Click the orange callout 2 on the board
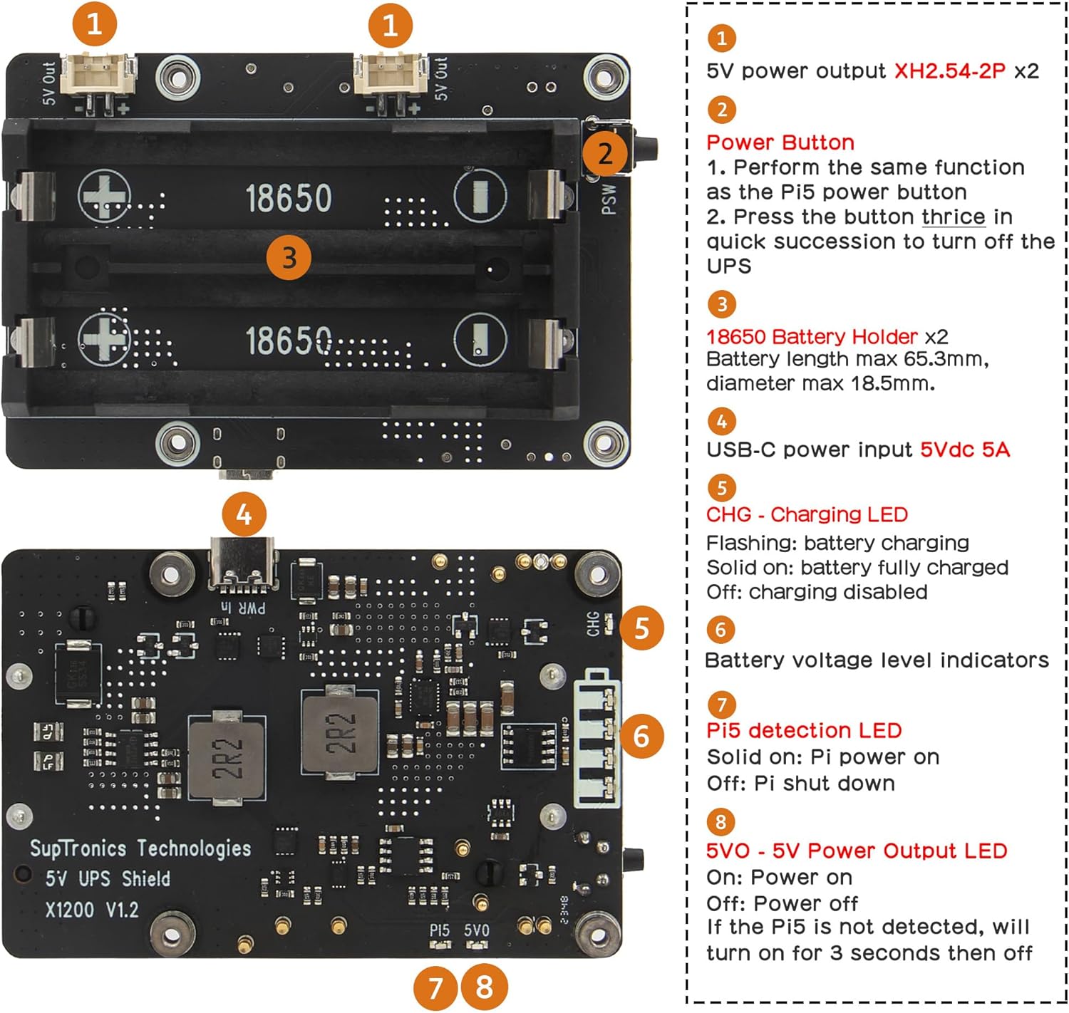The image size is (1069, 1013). [605, 152]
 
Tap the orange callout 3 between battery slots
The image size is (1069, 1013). [289, 257]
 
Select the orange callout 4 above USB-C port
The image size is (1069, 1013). [244, 514]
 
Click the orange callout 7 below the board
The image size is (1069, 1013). [435, 987]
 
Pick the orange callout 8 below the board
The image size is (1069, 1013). [485, 987]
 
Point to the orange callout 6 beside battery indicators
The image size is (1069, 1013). [641, 736]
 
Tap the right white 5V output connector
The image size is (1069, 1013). [390, 74]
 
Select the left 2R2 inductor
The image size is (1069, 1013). [227, 758]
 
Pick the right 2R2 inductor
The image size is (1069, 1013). [339, 734]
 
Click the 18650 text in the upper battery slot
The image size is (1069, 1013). [289, 198]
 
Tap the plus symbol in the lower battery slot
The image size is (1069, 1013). [104, 338]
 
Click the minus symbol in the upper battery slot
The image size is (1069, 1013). [480, 195]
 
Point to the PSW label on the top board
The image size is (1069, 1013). [609, 199]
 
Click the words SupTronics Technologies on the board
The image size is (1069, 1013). [140, 848]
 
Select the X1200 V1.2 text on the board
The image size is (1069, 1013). [92, 910]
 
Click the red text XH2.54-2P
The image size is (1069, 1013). [949, 71]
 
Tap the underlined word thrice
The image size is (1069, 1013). [953, 217]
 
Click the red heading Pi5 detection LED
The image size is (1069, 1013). [804, 730]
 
